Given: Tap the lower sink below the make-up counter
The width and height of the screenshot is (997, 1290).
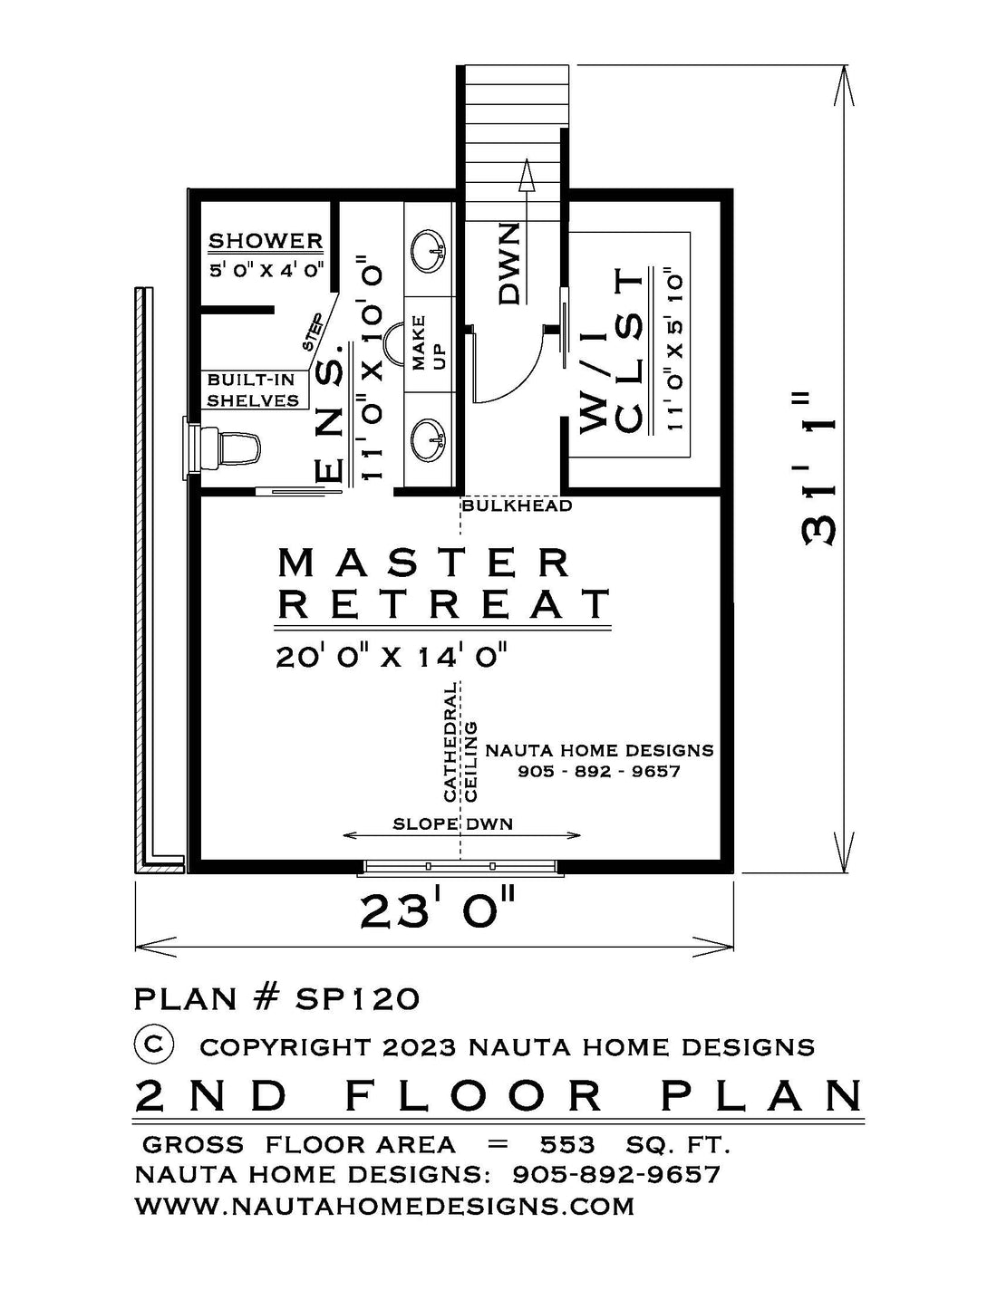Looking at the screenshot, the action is [x=428, y=440].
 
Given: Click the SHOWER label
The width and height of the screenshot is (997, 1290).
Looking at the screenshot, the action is [x=266, y=241].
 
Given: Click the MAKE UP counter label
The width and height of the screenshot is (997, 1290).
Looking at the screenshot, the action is [x=428, y=351].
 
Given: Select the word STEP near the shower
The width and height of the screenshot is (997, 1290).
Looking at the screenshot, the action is [x=314, y=332].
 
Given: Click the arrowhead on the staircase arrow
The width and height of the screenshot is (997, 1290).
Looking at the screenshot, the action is [x=526, y=175].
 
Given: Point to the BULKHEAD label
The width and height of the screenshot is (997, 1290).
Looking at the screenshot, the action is [x=517, y=505].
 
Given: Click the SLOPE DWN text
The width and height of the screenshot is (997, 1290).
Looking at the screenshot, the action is [x=452, y=824].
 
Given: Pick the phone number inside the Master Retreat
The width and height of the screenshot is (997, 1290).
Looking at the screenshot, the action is [x=599, y=772].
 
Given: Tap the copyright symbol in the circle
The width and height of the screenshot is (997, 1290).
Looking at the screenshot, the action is [x=154, y=1045].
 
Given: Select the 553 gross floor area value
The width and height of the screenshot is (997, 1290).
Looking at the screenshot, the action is [x=567, y=1144].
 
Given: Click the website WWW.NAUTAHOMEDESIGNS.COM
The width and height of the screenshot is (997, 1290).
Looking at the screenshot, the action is [x=385, y=1206].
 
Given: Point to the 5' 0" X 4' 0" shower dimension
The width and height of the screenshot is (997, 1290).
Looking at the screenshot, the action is [x=266, y=270].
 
